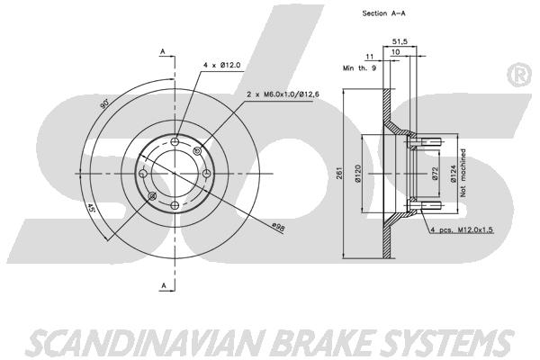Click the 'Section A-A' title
pyautogui.click(x=383, y=13)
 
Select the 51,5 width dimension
pyautogui.click(x=400, y=41)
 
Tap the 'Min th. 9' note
pyautogui.click(x=359, y=68)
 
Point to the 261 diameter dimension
pyautogui.click(x=338, y=173)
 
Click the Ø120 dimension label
pyautogui.click(x=357, y=174)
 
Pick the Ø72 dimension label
pyautogui.click(x=435, y=174)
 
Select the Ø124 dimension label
pyautogui.click(x=453, y=174)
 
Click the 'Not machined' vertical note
pyautogui.click(x=463, y=173)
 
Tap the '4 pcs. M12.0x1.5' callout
pyautogui.click(x=461, y=229)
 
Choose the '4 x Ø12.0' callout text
pyautogui.click(x=221, y=65)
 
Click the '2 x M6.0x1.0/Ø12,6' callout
pyautogui.click(x=283, y=94)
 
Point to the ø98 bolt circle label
pyautogui.click(x=278, y=228)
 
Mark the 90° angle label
pyautogui.click(x=104, y=103)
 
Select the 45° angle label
pyautogui.click(x=91, y=209)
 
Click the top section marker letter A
pyautogui.click(x=163, y=51)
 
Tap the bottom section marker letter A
pyautogui.click(x=164, y=285)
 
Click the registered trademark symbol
pyautogui.click(x=519, y=76)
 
